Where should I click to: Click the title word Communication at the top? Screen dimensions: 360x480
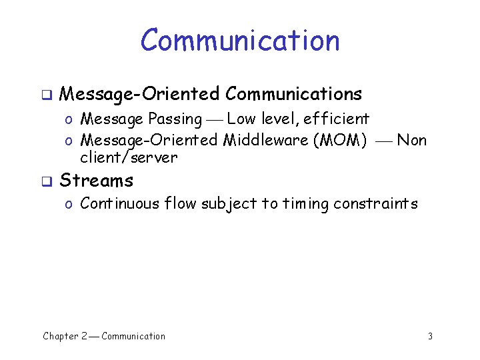pos(240,40)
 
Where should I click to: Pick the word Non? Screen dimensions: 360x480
pos(411,140)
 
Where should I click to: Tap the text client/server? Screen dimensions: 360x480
pos(129,158)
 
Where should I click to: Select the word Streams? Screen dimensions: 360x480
pos(97,181)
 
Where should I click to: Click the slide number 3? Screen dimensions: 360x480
pos(430,337)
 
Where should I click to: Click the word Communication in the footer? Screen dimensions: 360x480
pos(133,336)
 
